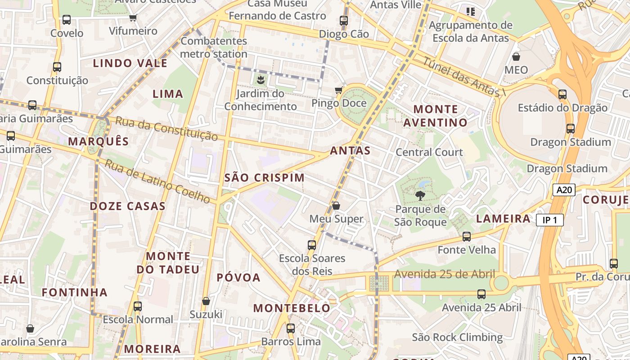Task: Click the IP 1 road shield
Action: click(549, 220)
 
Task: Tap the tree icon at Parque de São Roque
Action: click(420, 196)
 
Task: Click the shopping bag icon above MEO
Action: click(516, 57)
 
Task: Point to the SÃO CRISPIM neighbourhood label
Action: click(265, 178)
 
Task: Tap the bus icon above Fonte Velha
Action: click(467, 236)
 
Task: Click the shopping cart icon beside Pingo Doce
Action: click(339, 90)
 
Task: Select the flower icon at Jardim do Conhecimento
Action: click(260, 81)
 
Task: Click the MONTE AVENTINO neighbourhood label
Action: click(435, 116)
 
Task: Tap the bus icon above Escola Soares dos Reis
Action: click(312, 245)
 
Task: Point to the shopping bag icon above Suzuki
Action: click(206, 301)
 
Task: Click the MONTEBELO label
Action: click(292, 308)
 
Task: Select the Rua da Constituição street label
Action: click(166, 128)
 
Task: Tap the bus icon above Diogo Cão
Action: click(344, 20)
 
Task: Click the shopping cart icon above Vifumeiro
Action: click(133, 18)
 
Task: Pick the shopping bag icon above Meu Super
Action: click(336, 206)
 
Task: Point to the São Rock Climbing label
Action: click(457, 337)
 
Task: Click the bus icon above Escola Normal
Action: click(138, 306)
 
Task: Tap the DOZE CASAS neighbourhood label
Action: click(128, 206)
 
